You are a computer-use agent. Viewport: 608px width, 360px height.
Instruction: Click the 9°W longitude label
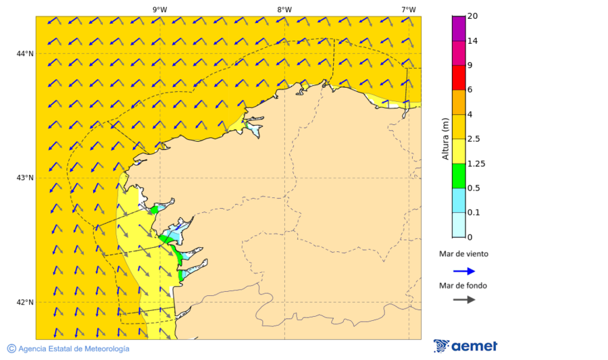159,9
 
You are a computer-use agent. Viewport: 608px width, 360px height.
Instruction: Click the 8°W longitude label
284,9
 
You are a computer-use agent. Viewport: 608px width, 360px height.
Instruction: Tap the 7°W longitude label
408,9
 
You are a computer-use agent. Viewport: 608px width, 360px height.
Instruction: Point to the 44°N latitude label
25,54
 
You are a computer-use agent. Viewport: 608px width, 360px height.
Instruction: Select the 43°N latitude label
25,178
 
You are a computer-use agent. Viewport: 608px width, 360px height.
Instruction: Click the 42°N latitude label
25,302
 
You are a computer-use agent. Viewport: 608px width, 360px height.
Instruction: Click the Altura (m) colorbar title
445,139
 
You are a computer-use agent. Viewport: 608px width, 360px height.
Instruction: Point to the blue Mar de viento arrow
463,271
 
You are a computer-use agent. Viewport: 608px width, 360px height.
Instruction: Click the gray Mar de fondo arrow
463,300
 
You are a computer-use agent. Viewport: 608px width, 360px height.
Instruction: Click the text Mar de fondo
463,286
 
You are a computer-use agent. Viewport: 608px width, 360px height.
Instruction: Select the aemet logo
465,346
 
